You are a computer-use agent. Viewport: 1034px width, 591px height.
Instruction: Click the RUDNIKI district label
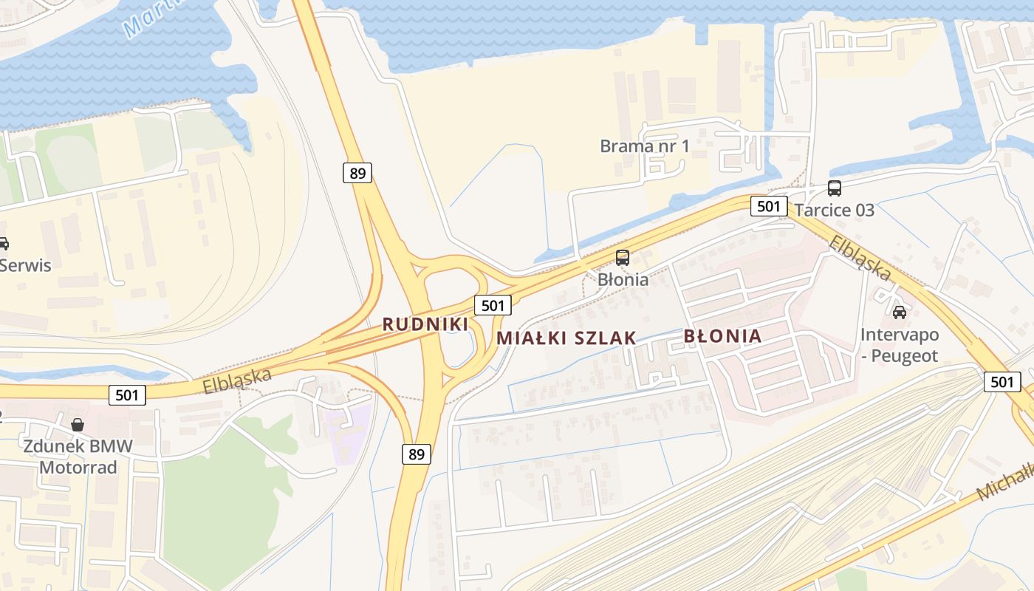[425, 324]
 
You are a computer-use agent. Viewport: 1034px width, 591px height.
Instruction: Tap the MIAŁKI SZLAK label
[566, 338]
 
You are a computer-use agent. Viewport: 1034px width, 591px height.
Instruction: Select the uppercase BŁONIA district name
[722, 336]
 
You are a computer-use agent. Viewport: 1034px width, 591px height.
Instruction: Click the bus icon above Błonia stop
[623, 258]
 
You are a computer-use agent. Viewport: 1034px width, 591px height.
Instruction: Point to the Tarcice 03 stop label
[835, 210]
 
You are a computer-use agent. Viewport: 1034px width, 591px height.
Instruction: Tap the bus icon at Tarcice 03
[835, 188]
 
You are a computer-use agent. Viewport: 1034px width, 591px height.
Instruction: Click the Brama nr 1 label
[645, 146]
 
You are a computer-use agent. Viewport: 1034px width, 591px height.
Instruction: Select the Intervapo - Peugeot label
[899, 346]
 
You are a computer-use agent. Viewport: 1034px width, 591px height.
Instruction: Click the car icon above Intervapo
[900, 312]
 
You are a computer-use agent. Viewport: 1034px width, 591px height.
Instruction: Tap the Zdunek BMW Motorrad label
[78, 457]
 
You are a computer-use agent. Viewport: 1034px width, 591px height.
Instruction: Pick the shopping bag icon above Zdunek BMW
[78, 425]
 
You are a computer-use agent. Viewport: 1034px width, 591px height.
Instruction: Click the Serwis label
[25, 264]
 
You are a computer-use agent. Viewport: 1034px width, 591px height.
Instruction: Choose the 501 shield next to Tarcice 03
[769, 206]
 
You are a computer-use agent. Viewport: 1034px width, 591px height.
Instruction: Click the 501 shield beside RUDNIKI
[493, 305]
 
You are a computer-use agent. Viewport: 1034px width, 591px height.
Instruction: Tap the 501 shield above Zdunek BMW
[127, 395]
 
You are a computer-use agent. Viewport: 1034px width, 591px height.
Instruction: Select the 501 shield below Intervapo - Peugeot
[1002, 382]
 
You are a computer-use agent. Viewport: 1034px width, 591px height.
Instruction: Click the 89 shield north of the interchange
[357, 174]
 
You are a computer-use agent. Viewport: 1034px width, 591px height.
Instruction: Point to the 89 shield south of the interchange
[417, 454]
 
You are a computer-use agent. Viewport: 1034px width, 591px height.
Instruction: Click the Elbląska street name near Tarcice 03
[860, 258]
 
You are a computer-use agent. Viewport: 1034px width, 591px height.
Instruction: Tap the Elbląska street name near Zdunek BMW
[237, 380]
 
